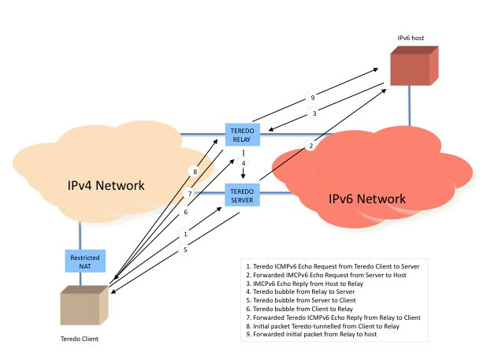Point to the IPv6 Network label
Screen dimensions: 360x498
(x=366, y=199)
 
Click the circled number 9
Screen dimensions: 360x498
(x=312, y=98)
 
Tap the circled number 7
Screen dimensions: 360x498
(x=189, y=194)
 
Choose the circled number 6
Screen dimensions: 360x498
(x=186, y=212)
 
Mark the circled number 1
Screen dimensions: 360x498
(x=186, y=234)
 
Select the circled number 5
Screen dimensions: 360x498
(x=186, y=251)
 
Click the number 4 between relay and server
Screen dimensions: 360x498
(x=244, y=164)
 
